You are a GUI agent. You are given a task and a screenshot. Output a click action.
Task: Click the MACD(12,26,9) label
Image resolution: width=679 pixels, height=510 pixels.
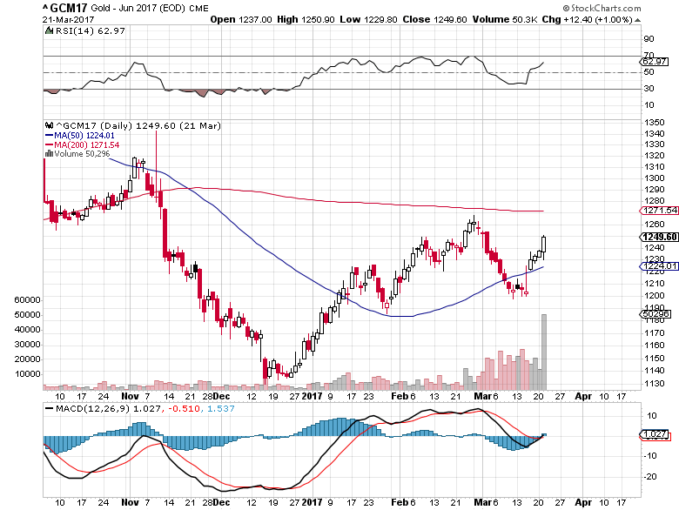(85, 408)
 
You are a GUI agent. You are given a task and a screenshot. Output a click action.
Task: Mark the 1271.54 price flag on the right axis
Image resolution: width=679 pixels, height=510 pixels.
(660, 211)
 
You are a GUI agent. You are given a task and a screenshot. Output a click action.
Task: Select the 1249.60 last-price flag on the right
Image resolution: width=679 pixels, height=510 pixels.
(660, 237)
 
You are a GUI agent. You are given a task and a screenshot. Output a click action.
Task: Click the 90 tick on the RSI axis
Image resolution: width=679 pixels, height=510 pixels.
(648, 39)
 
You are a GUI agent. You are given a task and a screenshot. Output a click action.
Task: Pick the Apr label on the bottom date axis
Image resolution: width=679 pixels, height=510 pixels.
(583, 503)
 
